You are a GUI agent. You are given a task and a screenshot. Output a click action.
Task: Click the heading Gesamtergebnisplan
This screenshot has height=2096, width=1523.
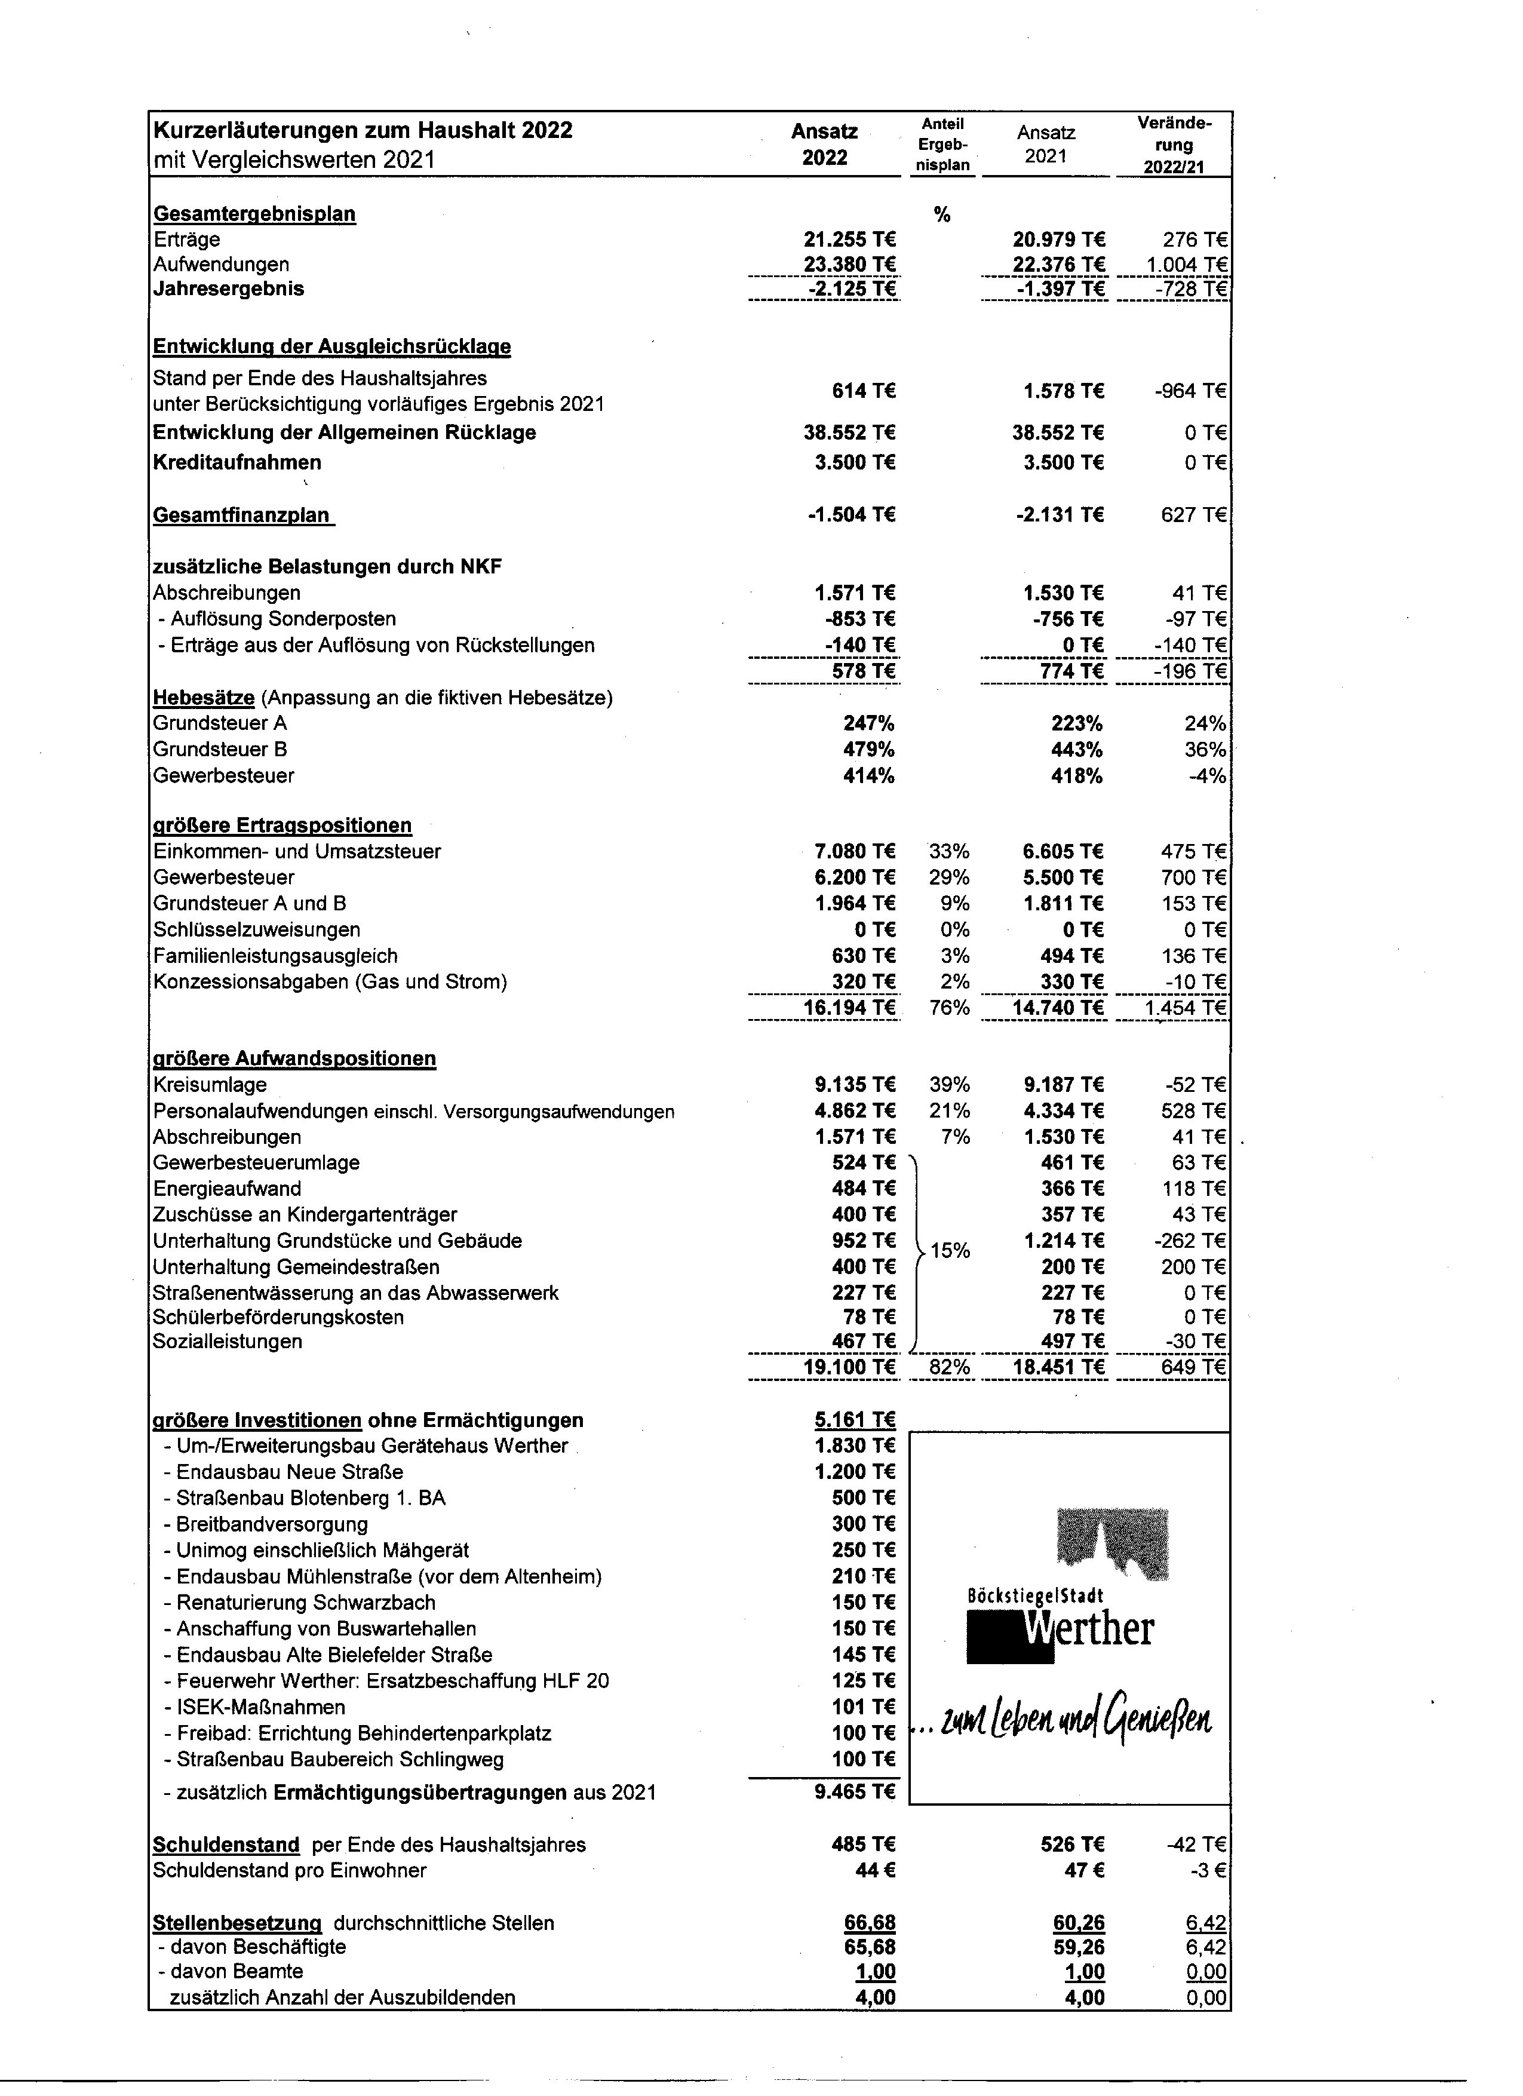pos(254,214)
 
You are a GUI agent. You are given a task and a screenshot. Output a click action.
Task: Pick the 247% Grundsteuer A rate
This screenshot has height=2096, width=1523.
pos(868,723)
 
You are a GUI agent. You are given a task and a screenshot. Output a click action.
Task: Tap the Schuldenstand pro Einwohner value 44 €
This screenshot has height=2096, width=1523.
pos(873,1870)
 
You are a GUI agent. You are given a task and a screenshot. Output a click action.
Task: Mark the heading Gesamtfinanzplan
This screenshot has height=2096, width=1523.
pos(242,515)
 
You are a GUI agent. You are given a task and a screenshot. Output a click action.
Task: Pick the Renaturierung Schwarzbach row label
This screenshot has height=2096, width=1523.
pos(306,1603)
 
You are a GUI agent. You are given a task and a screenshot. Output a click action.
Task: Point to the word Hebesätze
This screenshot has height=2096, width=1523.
pos(203,698)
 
